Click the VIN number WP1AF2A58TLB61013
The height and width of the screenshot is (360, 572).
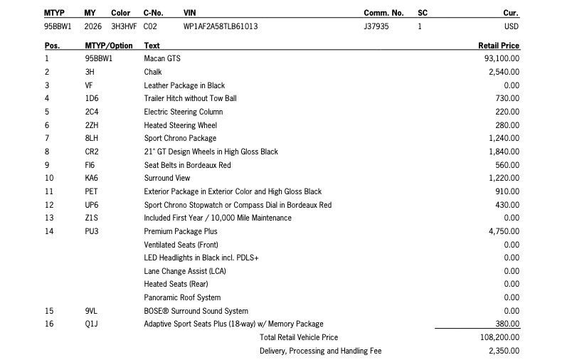[x=221, y=27]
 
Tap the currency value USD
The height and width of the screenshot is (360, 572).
[x=512, y=27]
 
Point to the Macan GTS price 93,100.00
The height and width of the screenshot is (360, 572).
[x=502, y=58]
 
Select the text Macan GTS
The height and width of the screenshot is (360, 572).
[x=161, y=58]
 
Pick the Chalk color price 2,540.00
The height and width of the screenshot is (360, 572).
[x=504, y=72]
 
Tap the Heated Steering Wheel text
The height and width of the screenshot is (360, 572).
[x=180, y=125]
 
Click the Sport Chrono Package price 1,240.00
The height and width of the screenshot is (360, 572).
[x=504, y=138]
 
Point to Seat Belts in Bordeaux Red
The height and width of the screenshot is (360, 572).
[x=187, y=165]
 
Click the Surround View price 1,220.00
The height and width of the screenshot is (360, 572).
[x=504, y=178]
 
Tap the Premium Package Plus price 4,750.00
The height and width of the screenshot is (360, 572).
[x=504, y=231]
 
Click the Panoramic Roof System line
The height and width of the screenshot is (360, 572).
[x=182, y=297]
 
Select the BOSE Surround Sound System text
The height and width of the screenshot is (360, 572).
[x=196, y=311]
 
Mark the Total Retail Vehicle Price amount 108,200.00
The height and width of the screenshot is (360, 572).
[x=500, y=337]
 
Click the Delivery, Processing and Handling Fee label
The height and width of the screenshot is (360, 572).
[x=321, y=351]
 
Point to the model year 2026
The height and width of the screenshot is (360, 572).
[x=92, y=27]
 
